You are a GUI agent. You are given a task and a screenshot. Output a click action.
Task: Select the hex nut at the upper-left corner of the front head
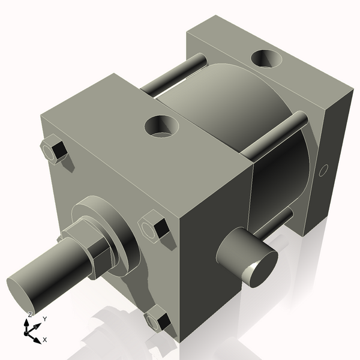pos(56,150)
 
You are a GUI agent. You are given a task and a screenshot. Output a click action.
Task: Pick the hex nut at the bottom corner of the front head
pos(157,319)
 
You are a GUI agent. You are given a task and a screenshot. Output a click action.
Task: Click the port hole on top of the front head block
pos(163,126)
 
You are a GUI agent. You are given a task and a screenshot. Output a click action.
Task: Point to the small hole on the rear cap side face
pos(323,170)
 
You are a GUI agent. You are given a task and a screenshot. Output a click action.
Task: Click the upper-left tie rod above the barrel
pos(174,75)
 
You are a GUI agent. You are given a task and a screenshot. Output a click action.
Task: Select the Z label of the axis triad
pos(30,314)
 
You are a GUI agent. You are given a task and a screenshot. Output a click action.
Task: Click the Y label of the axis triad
pos(44,319)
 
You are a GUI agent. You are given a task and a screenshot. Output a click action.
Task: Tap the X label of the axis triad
pos(44,340)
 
